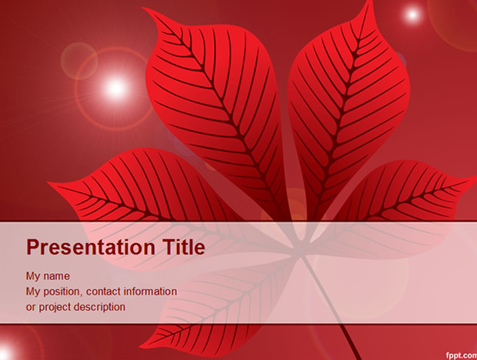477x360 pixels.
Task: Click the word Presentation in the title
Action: pos(91,247)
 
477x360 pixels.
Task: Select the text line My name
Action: pos(48,276)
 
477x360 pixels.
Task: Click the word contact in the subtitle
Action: pos(103,292)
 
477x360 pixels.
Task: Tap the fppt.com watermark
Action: pos(462,355)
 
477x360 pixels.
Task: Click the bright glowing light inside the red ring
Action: pos(115,88)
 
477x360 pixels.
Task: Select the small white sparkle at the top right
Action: pos(412,14)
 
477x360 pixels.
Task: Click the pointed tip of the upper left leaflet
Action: pos(143,8)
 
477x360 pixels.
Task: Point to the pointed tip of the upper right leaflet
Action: pos(372,1)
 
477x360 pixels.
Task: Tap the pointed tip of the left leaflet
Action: pos(48,183)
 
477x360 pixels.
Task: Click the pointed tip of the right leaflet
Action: pos(475,177)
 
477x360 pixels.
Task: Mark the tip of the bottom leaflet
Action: pos(141,347)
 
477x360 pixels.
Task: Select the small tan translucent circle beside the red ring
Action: pos(79,61)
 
